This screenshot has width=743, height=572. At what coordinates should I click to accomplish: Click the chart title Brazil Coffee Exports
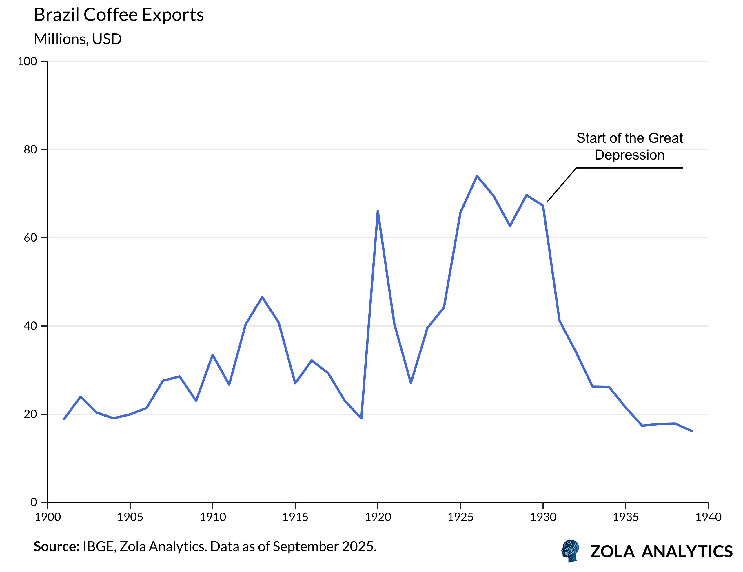pos(119,15)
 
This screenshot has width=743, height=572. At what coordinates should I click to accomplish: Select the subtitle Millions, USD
pos(78,39)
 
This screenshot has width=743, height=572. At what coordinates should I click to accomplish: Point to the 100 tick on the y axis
pos(27,61)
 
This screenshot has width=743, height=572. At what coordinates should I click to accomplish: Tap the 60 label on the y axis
pos(30,238)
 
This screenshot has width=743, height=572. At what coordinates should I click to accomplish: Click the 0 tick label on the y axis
pos(34,502)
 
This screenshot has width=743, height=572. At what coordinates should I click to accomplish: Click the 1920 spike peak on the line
pos(378,211)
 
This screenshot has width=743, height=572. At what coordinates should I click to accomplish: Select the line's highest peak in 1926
pos(477,176)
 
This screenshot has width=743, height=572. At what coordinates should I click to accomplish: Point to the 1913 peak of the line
pos(262,297)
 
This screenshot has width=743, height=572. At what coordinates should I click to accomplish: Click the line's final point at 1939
pos(692,431)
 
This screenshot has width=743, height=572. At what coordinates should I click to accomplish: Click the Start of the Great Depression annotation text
pos(629,146)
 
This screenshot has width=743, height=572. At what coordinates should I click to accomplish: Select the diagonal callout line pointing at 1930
pos(562,184)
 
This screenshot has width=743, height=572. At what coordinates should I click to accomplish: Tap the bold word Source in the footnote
pos(56,546)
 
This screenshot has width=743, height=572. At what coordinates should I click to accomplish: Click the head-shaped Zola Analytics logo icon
pos(571,551)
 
